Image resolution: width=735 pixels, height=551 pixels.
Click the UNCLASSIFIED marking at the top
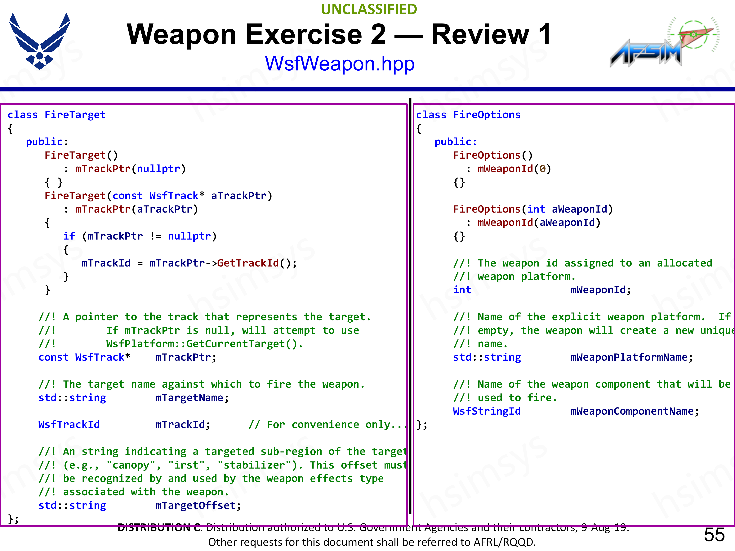369,9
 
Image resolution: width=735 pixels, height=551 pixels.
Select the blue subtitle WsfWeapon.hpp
340,64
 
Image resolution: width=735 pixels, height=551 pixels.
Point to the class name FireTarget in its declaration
75,115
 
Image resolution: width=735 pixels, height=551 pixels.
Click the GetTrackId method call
248,263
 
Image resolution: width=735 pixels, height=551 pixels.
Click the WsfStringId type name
487,411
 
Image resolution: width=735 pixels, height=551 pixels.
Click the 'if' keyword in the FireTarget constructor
69,236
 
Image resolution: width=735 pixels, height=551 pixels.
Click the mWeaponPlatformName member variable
628,357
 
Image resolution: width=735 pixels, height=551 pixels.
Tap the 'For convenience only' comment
327,425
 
